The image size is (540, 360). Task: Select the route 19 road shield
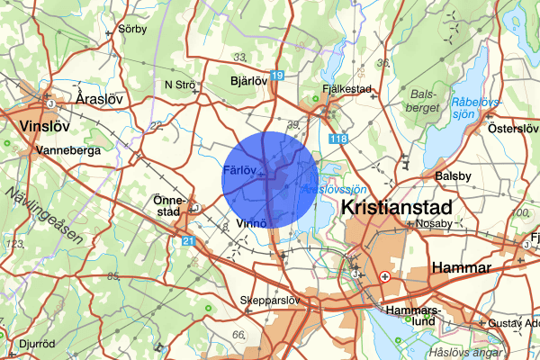click(278, 77)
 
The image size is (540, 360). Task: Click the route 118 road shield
click(338, 139)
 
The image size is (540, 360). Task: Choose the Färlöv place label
click(240, 170)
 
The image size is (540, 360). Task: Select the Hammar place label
click(460, 267)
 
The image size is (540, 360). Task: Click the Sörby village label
click(130, 28)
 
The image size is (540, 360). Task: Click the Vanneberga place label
click(67, 150)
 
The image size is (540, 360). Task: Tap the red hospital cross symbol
click(386, 277)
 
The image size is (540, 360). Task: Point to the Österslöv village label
click(512, 128)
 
